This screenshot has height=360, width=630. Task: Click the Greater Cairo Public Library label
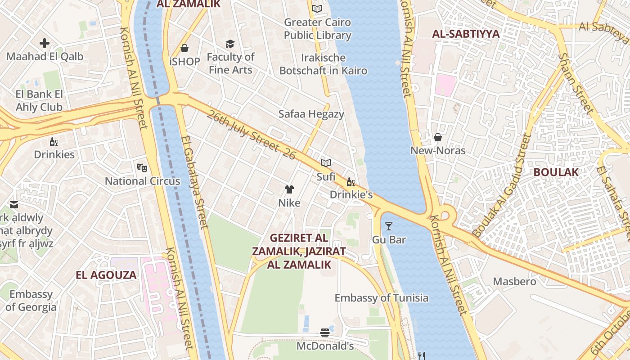pyautogui.click(x=317, y=29)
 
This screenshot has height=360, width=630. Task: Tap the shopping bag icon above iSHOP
pyautogui.click(x=184, y=48)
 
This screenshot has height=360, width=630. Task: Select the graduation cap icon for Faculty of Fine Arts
pyautogui.click(x=230, y=44)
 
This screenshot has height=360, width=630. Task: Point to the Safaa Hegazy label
pyautogui.click(x=311, y=114)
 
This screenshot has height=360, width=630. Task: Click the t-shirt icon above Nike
pyautogui.click(x=289, y=189)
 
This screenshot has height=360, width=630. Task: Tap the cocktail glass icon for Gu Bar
pyautogui.click(x=389, y=226)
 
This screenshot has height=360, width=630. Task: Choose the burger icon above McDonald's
pyautogui.click(x=325, y=333)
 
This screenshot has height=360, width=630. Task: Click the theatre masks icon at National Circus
pyautogui.click(x=142, y=168)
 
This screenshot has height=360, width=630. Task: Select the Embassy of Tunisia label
pyautogui.click(x=382, y=298)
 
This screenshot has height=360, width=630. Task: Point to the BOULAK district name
pyautogui.click(x=556, y=172)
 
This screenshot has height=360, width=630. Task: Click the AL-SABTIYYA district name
pyautogui.click(x=466, y=34)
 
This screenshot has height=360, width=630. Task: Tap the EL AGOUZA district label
pyautogui.click(x=106, y=275)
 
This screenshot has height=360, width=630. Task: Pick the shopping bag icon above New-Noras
pyautogui.click(x=438, y=137)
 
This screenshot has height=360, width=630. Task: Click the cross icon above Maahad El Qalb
pyautogui.click(x=45, y=43)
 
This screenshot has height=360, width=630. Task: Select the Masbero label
pyautogui.click(x=515, y=282)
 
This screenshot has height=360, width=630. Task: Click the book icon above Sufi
pyautogui.click(x=326, y=163)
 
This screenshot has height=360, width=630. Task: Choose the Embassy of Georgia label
pyautogui.click(x=31, y=301)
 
